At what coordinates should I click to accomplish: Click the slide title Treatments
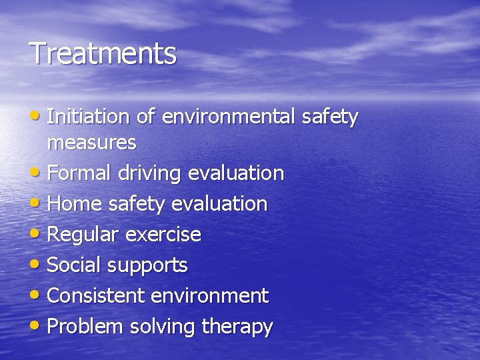[103, 54]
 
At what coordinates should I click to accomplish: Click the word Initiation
[88, 117]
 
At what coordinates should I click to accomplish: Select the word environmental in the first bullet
[227, 117]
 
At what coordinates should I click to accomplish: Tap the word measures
[92, 142]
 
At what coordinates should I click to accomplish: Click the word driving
[151, 173]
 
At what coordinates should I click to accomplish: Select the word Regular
[82, 235]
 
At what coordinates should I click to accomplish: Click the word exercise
[161, 235]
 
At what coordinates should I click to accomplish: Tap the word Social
[75, 265]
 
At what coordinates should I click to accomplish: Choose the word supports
[147, 266]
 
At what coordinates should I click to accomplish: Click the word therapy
[237, 327]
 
